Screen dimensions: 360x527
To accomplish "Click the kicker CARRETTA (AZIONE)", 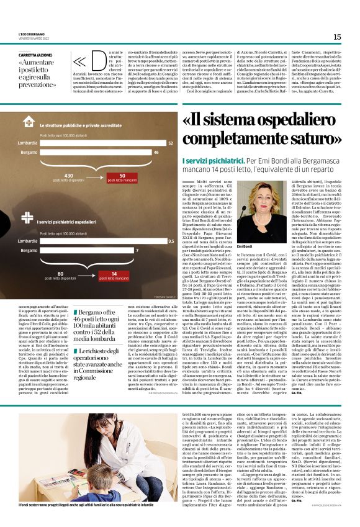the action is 35,56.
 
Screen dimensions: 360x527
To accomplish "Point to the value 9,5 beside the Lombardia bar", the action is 171,240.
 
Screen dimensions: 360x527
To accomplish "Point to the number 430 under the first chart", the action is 69,174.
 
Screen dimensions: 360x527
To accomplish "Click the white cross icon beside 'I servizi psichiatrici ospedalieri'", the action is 27,220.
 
